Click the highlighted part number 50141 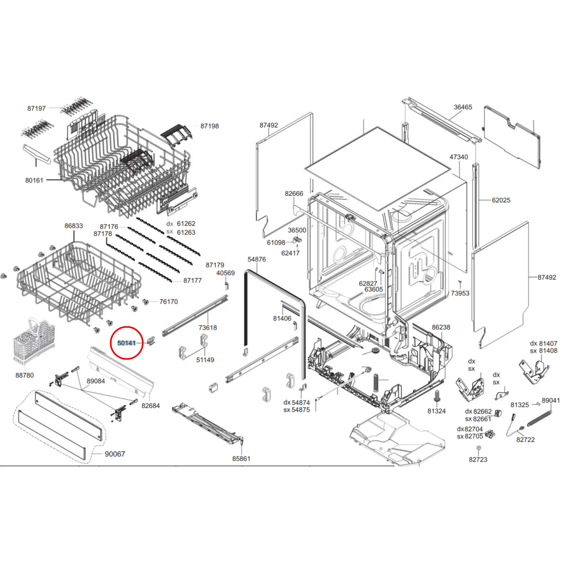(x=127, y=343)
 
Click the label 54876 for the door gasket (x=257, y=259)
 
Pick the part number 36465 (x=463, y=107)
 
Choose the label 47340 (x=459, y=157)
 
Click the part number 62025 (x=501, y=200)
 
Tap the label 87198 (x=209, y=126)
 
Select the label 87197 (x=36, y=109)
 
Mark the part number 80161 (x=34, y=180)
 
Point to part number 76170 (x=168, y=302)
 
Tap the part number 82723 (x=478, y=459)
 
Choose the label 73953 (x=460, y=293)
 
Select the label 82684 (x=151, y=406)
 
